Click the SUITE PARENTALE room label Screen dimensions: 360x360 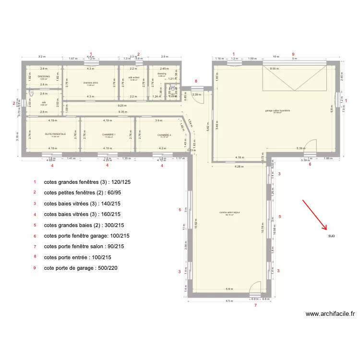[x=55, y=135]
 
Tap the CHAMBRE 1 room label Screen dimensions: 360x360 [x=109, y=135]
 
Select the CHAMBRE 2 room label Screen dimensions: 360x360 [x=164, y=135]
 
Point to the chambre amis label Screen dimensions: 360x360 [x=90, y=83]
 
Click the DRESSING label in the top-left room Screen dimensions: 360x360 [x=44, y=76]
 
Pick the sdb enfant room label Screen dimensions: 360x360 [x=133, y=77]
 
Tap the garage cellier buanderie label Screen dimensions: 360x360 [x=278, y=110]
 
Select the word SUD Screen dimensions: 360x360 [x=332, y=236]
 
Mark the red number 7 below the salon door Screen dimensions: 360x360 [x=255, y=305]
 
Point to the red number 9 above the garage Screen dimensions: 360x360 [x=293, y=54]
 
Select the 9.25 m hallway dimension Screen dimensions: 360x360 [x=122, y=105]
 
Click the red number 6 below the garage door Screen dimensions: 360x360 [x=310, y=165]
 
